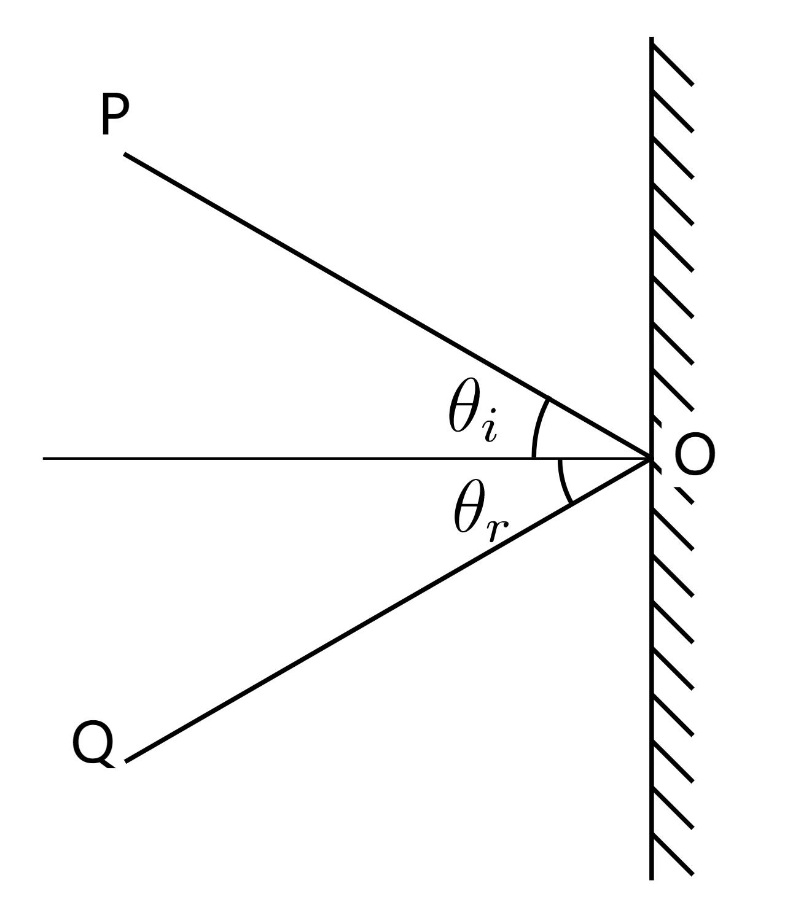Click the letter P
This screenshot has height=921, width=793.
[x=114, y=116]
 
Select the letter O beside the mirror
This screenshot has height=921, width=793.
[x=695, y=455]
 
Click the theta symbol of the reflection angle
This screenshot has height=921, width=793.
[x=469, y=507]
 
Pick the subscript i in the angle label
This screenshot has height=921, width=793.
[x=490, y=429]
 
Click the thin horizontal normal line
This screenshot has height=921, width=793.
[x=276, y=458]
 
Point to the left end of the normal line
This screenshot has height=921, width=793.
[x=44, y=458]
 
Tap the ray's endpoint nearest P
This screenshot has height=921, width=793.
[x=126, y=155]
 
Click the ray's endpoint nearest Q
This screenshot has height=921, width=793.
[x=127, y=761]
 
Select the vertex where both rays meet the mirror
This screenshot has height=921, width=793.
[x=650, y=458]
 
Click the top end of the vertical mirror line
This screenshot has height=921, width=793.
[x=652, y=38]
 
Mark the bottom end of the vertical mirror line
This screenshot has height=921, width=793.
[x=652, y=879]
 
